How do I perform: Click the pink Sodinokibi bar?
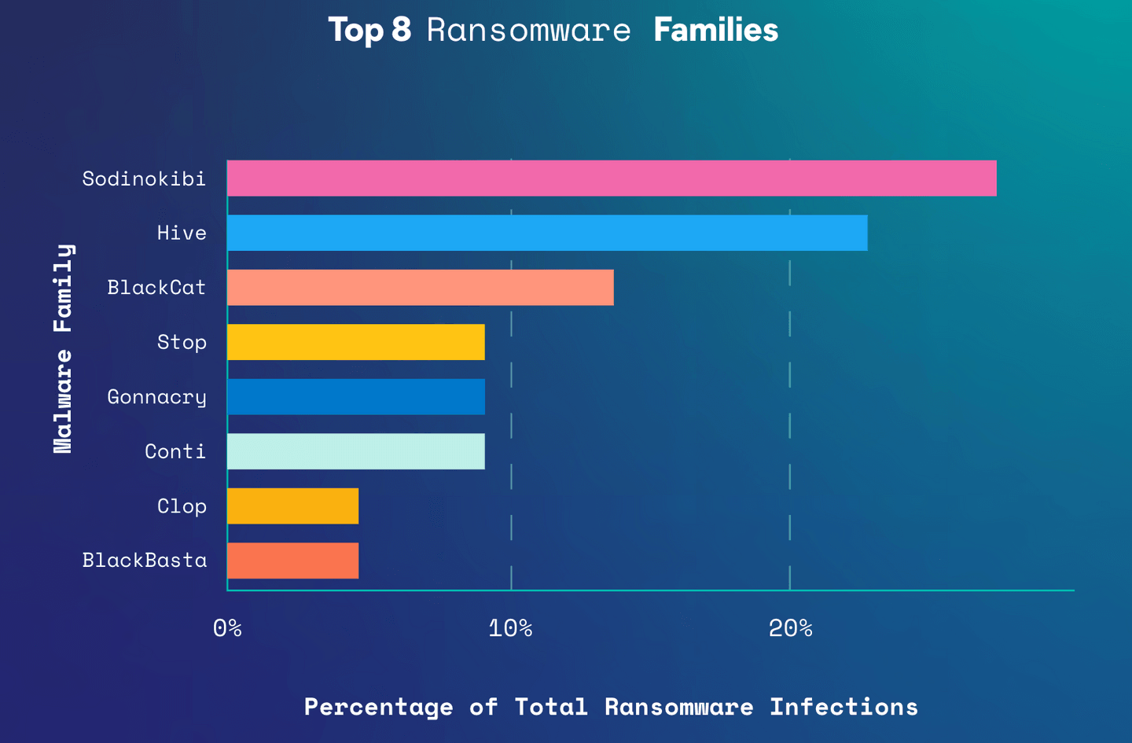pyautogui.click(x=612, y=178)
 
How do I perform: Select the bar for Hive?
pyautogui.click(x=547, y=233)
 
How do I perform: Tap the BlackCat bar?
pyautogui.click(x=421, y=288)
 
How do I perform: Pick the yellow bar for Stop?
pyautogui.click(x=356, y=342)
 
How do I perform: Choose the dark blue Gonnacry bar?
pyautogui.click(x=356, y=397)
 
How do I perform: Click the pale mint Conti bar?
pyautogui.click(x=356, y=451)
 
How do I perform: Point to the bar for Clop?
pyautogui.click(x=293, y=506)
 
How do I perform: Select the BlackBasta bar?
pyautogui.click(x=293, y=561)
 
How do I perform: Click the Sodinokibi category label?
pyautogui.click(x=144, y=179)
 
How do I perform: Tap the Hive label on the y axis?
pyautogui.click(x=182, y=234)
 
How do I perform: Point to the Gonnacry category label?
pyautogui.click(x=156, y=398)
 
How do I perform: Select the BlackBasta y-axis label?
pyautogui.click(x=145, y=561)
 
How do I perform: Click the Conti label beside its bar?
pyautogui.click(x=175, y=452)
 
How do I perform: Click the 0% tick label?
pyautogui.click(x=227, y=628)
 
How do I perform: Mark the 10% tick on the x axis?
pyautogui.click(x=510, y=628)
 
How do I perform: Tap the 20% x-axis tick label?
pyautogui.click(x=790, y=628)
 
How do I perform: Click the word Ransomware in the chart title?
pyautogui.click(x=528, y=31)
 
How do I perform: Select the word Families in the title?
pyautogui.click(x=715, y=31)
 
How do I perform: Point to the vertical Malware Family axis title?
pyautogui.click(x=63, y=348)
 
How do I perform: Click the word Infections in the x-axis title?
pyautogui.click(x=843, y=707)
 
